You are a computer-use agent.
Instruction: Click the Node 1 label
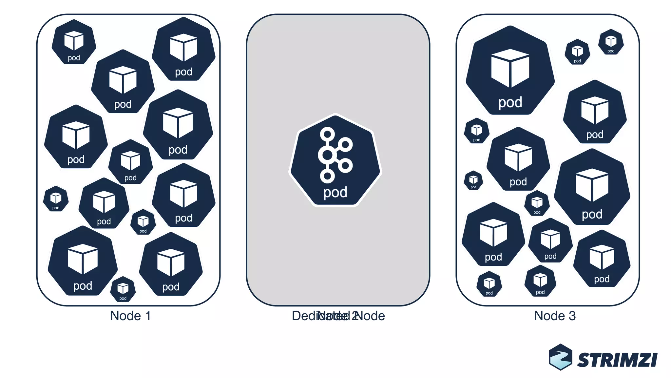pos(130,316)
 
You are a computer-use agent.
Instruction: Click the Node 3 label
pos(555,316)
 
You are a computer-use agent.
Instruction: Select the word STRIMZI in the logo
pos(617,360)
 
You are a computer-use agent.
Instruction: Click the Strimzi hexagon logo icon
pos(561,357)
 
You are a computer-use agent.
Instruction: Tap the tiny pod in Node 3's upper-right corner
pos(611,42)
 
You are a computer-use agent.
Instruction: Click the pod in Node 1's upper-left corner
pos(74,42)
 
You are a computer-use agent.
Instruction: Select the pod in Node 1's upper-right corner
pos(183,49)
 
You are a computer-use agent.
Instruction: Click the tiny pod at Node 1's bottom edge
pos(123,289)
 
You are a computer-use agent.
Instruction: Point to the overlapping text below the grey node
pos(338,316)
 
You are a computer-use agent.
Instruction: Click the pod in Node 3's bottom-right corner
pos(602,259)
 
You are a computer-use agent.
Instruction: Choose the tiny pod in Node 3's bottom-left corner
pos(489,284)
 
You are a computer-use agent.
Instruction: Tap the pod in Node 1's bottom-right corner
pos(171,264)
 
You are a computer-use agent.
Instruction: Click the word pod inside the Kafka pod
pos(335,192)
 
